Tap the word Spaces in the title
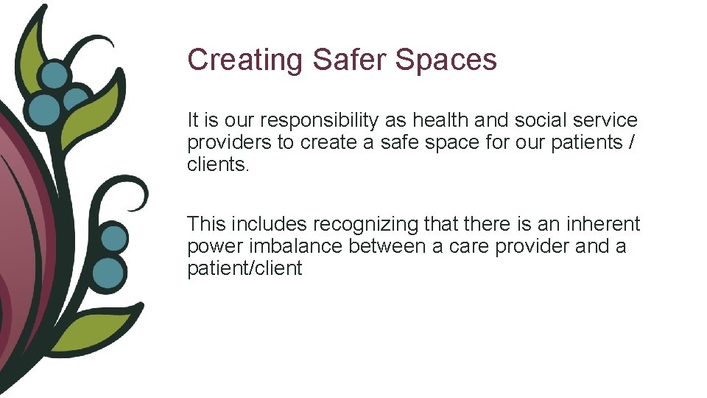[x=446, y=60]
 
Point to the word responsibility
[x=325, y=120]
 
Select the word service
[x=610, y=120]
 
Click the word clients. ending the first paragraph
[x=219, y=164]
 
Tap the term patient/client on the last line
[x=245, y=268]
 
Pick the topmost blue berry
[x=54, y=75]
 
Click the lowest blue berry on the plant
[x=109, y=273]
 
